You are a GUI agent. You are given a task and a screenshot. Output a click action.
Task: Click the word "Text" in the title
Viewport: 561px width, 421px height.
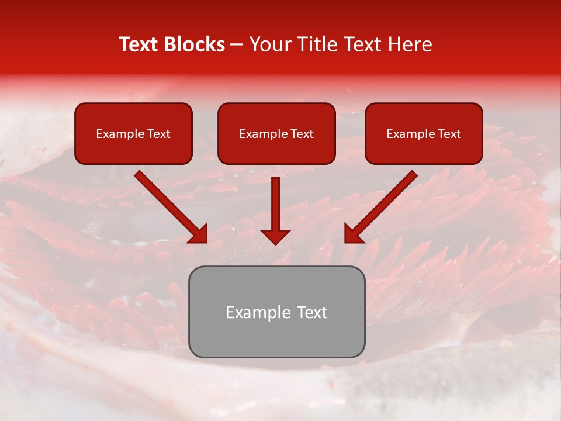[x=139, y=44]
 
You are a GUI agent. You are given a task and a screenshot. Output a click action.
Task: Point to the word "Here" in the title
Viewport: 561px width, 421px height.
[x=411, y=44]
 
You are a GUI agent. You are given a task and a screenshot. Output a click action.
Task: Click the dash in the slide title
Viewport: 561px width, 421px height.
[x=237, y=45]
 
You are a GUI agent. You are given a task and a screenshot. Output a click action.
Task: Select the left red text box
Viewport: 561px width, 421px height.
[x=133, y=133]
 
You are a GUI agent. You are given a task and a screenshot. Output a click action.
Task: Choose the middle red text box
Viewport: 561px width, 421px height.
[x=276, y=133]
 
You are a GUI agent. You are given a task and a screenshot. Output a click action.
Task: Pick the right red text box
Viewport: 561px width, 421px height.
[x=424, y=133]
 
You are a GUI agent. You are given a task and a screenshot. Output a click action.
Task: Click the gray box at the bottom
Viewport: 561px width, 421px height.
[x=276, y=312]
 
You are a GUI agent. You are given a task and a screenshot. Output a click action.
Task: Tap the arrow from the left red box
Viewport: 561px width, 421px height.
[x=169, y=205]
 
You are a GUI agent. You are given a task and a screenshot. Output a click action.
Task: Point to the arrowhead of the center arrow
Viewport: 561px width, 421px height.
[x=275, y=236]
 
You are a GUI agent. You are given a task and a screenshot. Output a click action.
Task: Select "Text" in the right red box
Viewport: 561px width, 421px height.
[x=449, y=134]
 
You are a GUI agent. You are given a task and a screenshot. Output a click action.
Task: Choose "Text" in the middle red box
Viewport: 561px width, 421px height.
[x=302, y=134]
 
